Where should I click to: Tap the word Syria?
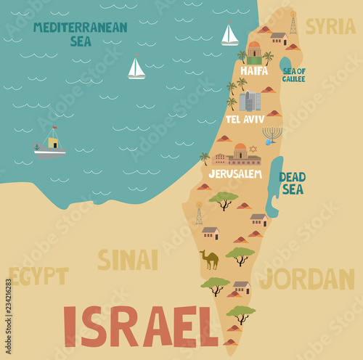[x=330, y=27]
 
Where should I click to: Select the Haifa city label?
[x=254, y=70]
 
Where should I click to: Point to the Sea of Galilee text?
[x=294, y=75]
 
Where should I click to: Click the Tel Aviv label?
[x=245, y=119]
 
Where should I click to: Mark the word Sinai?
[x=127, y=260]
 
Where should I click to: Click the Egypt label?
[x=38, y=276]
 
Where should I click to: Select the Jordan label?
[x=307, y=279]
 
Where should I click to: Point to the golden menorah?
[x=272, y=135]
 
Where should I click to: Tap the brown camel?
[x=209, y=259]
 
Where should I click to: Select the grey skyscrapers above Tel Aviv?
[x=250, y=101]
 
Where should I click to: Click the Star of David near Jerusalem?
[x=253, y=149]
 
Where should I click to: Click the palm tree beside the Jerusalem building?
[x=205, y=157]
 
